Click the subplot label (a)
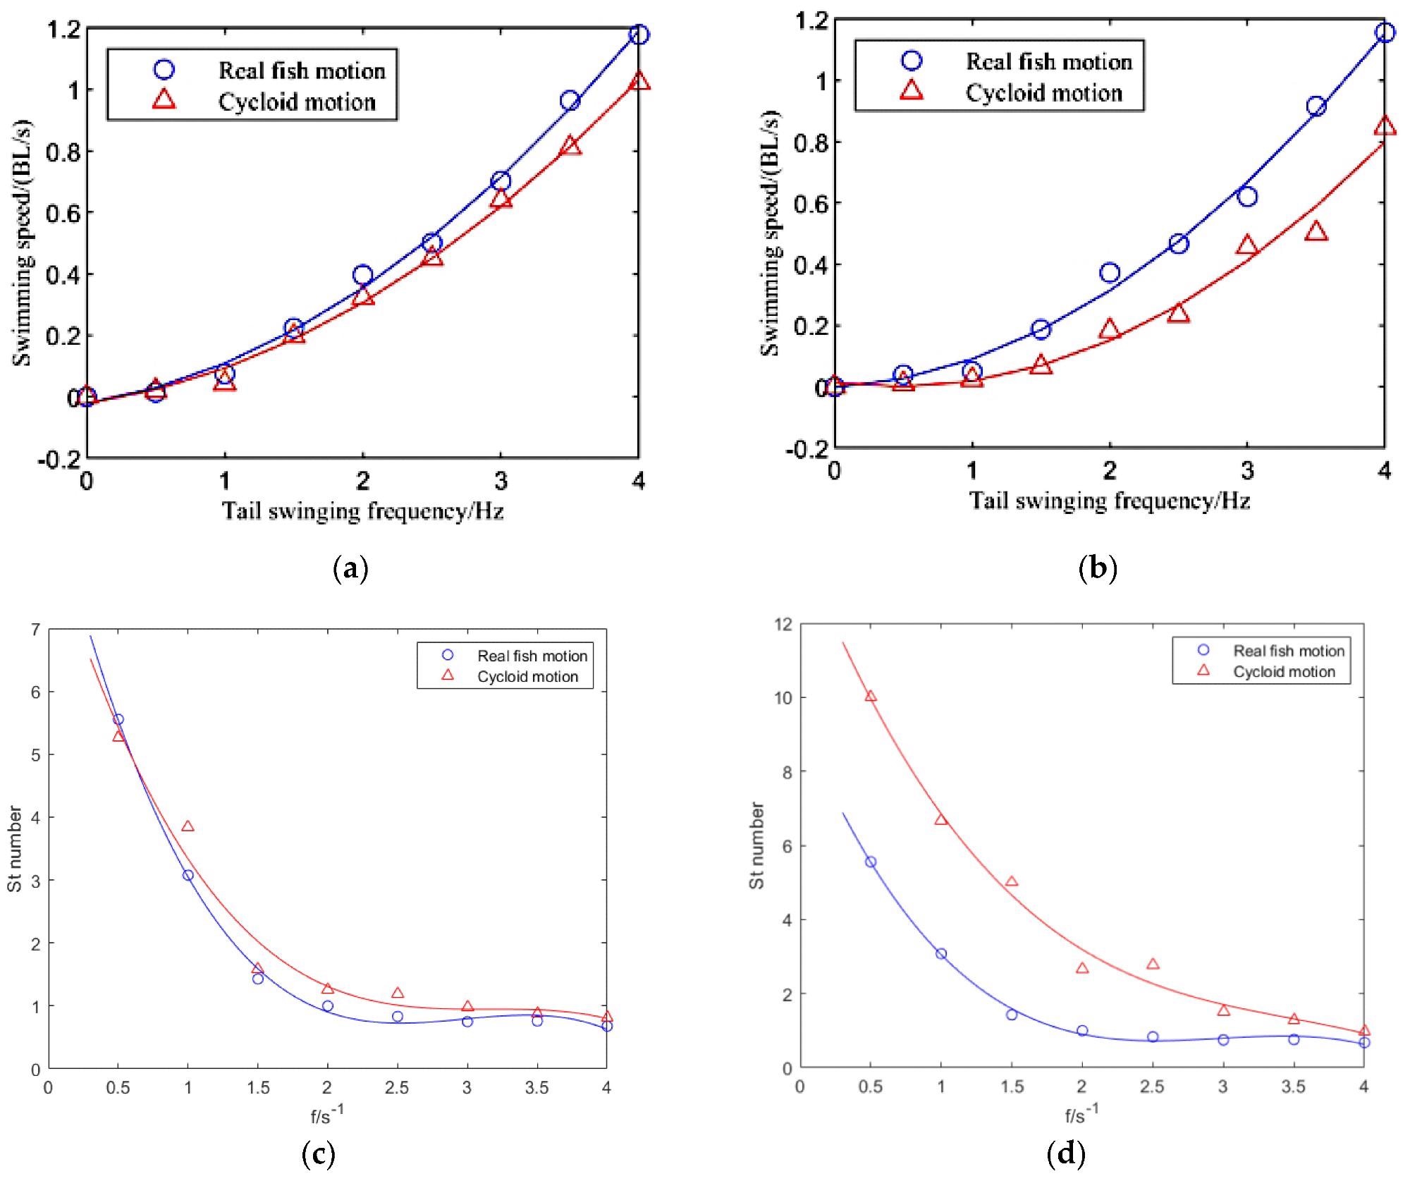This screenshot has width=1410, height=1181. click(x=350, y=568)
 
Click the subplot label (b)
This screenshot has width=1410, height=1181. click(x=1098, y=568)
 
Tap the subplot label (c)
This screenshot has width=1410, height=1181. click(x=318, y=1154)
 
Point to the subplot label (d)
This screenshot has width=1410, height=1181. click(x=1066, y=1154)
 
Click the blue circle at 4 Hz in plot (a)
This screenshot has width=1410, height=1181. click(x=639, y=35)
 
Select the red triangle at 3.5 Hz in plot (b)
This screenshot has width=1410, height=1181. click(x=1316, y=231)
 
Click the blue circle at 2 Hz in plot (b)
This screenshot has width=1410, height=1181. click(x=1110, y=273)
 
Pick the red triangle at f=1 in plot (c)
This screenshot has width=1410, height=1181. click(x=188, y=826)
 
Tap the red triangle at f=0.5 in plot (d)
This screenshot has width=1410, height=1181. click(x=871, y=696)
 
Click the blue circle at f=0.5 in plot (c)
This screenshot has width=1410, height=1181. click(x=118, y=719)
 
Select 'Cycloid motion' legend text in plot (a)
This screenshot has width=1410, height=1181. click(x=297, y=102)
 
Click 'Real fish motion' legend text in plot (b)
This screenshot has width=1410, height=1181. click(x=1048, y=62)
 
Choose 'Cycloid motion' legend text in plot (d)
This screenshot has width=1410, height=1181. click(x=1284, y=672)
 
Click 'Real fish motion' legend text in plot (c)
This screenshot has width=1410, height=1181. click(x=532, y=656)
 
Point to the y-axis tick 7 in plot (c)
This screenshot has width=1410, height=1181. click(x=35, y=630)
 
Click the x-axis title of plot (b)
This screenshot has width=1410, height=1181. click(x=1110, y=501)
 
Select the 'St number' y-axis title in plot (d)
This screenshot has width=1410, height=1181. click(x=756, y=845)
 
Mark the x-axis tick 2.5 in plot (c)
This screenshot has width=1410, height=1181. click(x=397, y=1088)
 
